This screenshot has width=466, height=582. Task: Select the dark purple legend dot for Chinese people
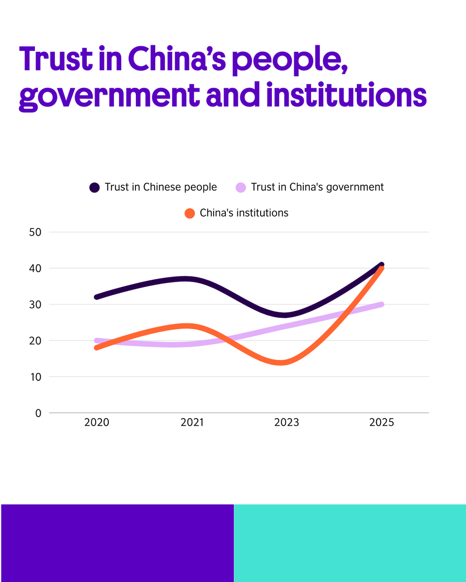[x=95, y=187]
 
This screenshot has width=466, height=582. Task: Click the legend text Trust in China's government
[x=317, y=187]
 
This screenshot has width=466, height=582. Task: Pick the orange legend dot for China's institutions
[x=190, y=213]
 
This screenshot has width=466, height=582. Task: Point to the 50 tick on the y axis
[x=35, y=232]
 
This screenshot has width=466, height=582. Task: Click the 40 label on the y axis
[x=35, y=268]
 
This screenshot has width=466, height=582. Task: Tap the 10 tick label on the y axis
[x=35, y=377]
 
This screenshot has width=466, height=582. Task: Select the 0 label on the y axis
[x=38, y=413]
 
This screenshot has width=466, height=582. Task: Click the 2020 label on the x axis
[x=97, y=423]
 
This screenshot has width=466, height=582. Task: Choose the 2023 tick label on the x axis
[x=287, y=423]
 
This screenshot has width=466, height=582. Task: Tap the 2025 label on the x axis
[x=382, y=423]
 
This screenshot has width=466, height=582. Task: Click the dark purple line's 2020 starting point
[x=97, y=297]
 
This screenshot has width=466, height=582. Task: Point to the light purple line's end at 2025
[x=382, y=305]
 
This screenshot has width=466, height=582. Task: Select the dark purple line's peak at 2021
[x=184, y=279]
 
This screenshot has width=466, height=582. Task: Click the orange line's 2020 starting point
[x=97, y=348]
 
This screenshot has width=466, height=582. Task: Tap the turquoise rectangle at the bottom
[x=349, y=543]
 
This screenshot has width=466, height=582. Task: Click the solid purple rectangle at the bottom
[x=117, y=543]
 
